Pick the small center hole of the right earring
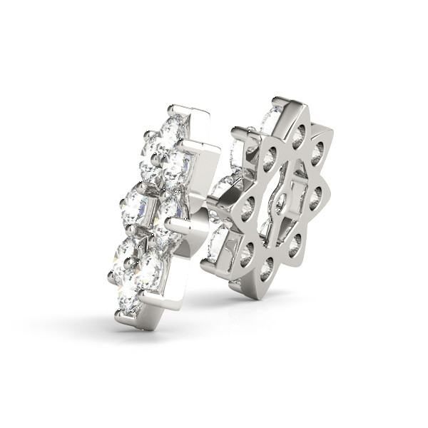(280, 202)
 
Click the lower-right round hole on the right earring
(294, 245)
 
